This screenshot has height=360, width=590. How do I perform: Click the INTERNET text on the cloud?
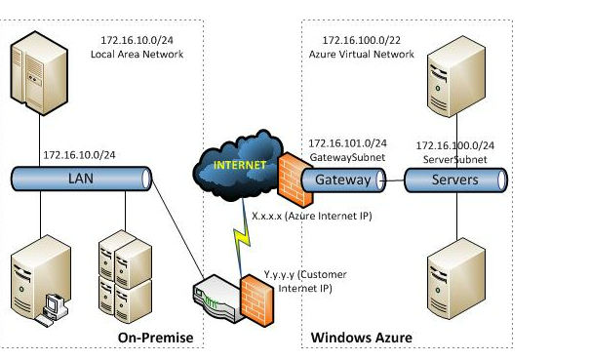[240, 165]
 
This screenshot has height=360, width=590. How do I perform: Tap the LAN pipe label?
[81, 179]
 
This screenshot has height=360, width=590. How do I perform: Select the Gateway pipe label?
[343, 180]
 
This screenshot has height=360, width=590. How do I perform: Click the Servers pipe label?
[454, 180]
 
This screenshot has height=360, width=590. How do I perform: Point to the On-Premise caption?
[155, 338]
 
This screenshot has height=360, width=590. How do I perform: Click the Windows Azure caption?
[361, 338]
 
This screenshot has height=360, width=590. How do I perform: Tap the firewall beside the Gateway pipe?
[295, 180]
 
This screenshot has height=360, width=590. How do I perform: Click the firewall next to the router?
[257, 300]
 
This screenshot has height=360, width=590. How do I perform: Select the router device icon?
[217, 299]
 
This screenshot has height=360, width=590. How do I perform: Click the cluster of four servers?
[125, 276]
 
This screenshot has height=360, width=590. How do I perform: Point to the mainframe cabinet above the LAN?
[39, 73]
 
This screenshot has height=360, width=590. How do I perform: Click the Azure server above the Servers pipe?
[456, 76]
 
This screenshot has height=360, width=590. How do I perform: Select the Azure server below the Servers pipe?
[456, 279]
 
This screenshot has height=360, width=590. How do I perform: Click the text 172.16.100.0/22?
[361, 40]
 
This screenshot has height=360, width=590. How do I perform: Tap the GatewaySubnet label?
[347, 157]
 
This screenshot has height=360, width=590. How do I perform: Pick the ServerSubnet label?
[454, 159]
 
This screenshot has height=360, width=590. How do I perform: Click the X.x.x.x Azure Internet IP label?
[312, 216]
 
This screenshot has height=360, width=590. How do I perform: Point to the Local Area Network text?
[137, 55]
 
